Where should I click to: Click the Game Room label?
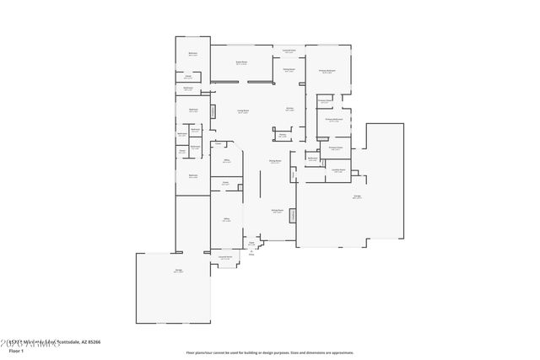(240, 63)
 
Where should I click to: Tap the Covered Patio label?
(289, 52)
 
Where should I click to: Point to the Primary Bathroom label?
(333, 121)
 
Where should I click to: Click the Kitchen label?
(289, 110)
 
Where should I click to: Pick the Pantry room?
(282, 135)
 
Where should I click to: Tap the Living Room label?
(242, 111)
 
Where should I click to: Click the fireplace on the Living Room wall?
(213, 111)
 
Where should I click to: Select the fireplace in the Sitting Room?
(293, 216)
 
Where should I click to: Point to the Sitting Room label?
(276, 212)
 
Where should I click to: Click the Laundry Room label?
(337, 172)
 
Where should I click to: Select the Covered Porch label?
(226, 256)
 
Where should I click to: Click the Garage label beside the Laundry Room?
(357, 196)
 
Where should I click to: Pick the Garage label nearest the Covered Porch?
(177, 271)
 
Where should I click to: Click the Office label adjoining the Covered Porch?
(227, 219)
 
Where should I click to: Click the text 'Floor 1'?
(10, 352)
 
